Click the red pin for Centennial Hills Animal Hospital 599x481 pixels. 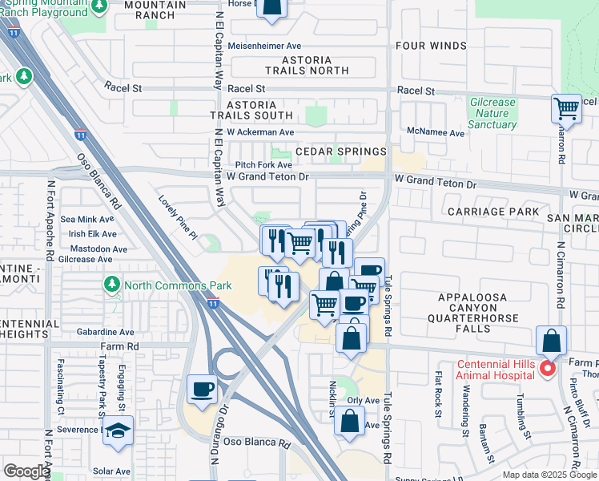pyautogui.click(x=548, y=370)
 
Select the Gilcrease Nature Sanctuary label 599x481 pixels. pyautogui.click(x=492, y=114)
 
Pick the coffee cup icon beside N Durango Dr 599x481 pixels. pyautogui.click(x=203, y=390)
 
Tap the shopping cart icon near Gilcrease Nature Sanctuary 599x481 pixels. pyautogui.click(x=566, y=107)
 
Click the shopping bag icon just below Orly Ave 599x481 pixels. pyautogui.click(x=350, y=420)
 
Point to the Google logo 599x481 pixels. pyautogui.click(x=26, y=471)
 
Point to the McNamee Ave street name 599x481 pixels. pyautogui.click(x=435, y=132)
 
